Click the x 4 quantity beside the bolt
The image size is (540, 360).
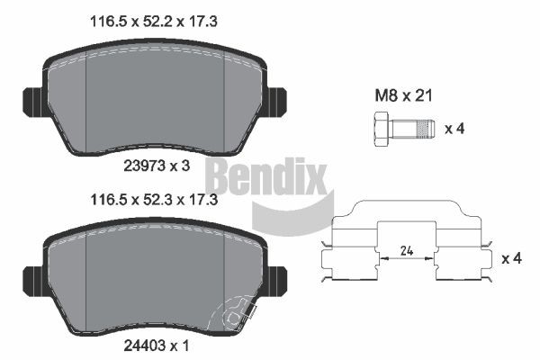point(455,128)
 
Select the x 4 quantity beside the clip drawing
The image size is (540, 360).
point(510,259)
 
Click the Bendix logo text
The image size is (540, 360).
point(265,176)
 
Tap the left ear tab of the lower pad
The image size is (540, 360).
point(32,277)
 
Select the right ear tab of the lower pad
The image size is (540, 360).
point(276,277)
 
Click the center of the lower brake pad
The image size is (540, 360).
point(154,279)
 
